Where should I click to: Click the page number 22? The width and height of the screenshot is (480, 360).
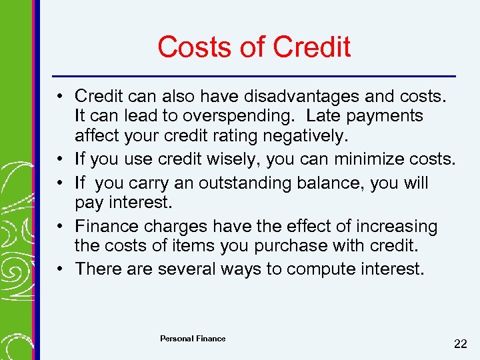[x=460, y=344]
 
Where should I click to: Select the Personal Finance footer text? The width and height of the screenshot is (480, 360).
[x=193, y=339]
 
